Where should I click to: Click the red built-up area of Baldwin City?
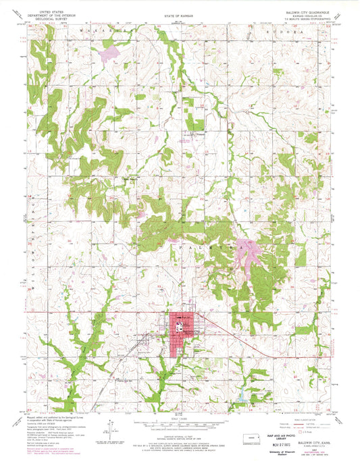coord(184,335)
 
